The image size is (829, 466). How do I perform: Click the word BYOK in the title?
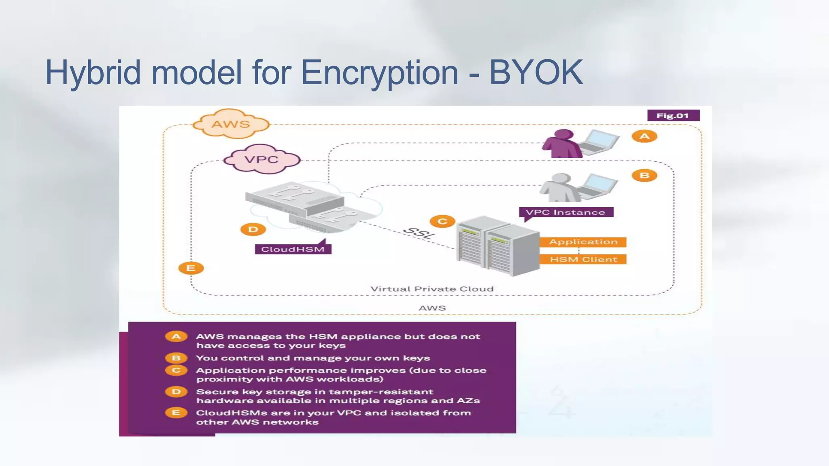tap(536, 73)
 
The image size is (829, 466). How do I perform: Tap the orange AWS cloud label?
tap(231, 124)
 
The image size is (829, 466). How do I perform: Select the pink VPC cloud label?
tap(261, 159)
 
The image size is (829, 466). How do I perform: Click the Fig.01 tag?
tap(673, 116)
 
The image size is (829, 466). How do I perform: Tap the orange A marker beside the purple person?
tap(644, 136)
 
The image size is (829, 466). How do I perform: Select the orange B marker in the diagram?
tap(644, 175)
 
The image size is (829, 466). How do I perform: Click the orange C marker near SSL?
tap(442, 221)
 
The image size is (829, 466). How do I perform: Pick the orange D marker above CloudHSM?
tap(253, 229)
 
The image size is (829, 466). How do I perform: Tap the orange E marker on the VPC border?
tap(191, 268)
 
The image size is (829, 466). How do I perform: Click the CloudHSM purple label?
tap(293, 249)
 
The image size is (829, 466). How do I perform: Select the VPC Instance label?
tap(565, 212)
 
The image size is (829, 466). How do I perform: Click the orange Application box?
tap(583, 242)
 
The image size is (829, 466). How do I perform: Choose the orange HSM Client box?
tap(583, 259)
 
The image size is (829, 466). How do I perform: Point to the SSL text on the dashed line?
tap(419, 233)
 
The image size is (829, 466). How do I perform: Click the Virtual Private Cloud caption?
tap(432, 289)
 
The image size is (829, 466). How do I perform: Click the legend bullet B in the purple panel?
tap(176, 358)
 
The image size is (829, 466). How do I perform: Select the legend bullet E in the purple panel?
tap(176, 413)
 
